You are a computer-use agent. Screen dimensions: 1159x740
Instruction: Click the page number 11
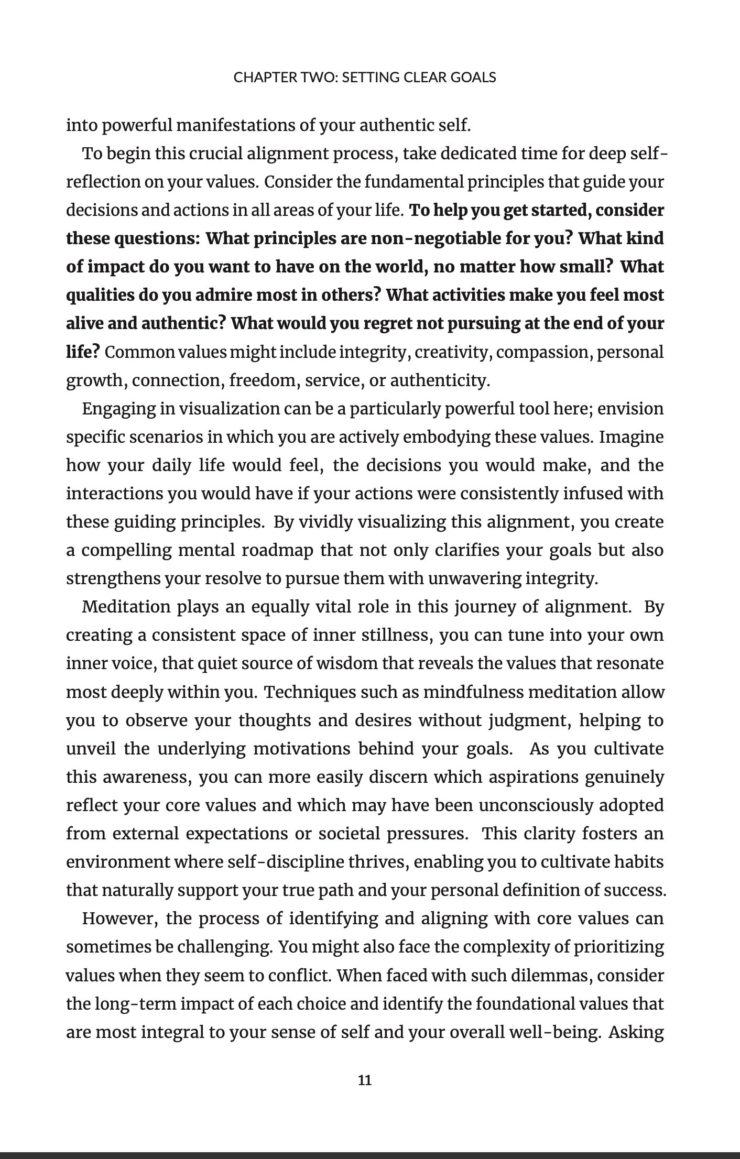pos(364,1080)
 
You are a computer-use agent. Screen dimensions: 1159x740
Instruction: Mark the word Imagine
pos(632,437)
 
